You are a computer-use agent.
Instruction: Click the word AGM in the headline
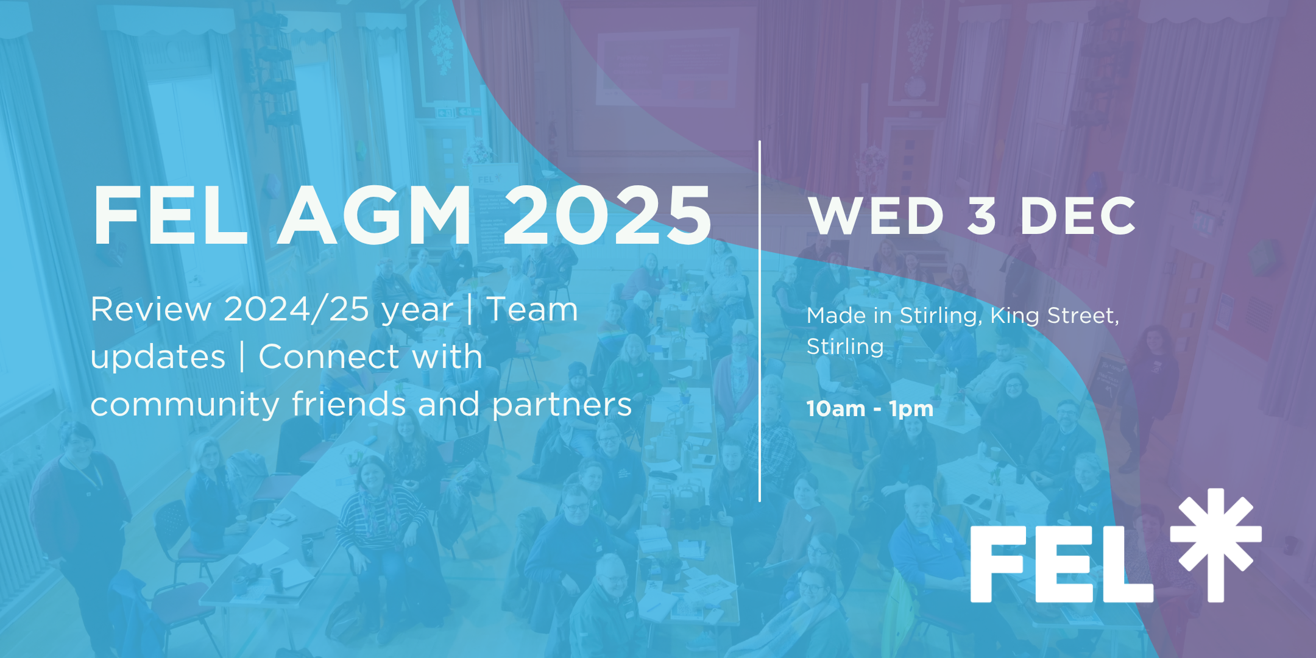[375, 216]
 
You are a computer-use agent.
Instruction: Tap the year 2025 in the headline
[607, 216]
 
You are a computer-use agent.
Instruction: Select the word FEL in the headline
[170, 216]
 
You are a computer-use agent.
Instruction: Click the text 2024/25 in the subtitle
[297, 310]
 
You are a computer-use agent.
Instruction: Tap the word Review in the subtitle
[151, 310]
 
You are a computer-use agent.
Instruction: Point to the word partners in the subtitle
[562, 405]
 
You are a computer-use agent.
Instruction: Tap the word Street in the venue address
[1083, 316]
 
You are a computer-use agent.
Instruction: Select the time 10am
[835, 409]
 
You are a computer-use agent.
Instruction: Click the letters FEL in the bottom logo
[1061, 564]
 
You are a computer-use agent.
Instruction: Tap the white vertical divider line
[760, 321]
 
